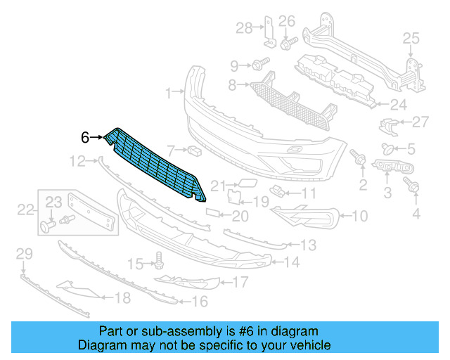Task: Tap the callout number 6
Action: pyautogui.click(x=85, y=138)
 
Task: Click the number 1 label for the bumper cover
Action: pyautogui.click(x=169, y=93)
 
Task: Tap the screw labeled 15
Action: pyautogui.click(x=158, y=262)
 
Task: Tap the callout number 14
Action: pyautogui.click(x=291, y=263)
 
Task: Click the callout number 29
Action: pyautogui.click(x=24, y=253)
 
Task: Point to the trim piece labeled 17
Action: pyautogui.click(x=190, y=282)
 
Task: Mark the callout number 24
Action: pyautogui.click(x=399, y=105)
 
